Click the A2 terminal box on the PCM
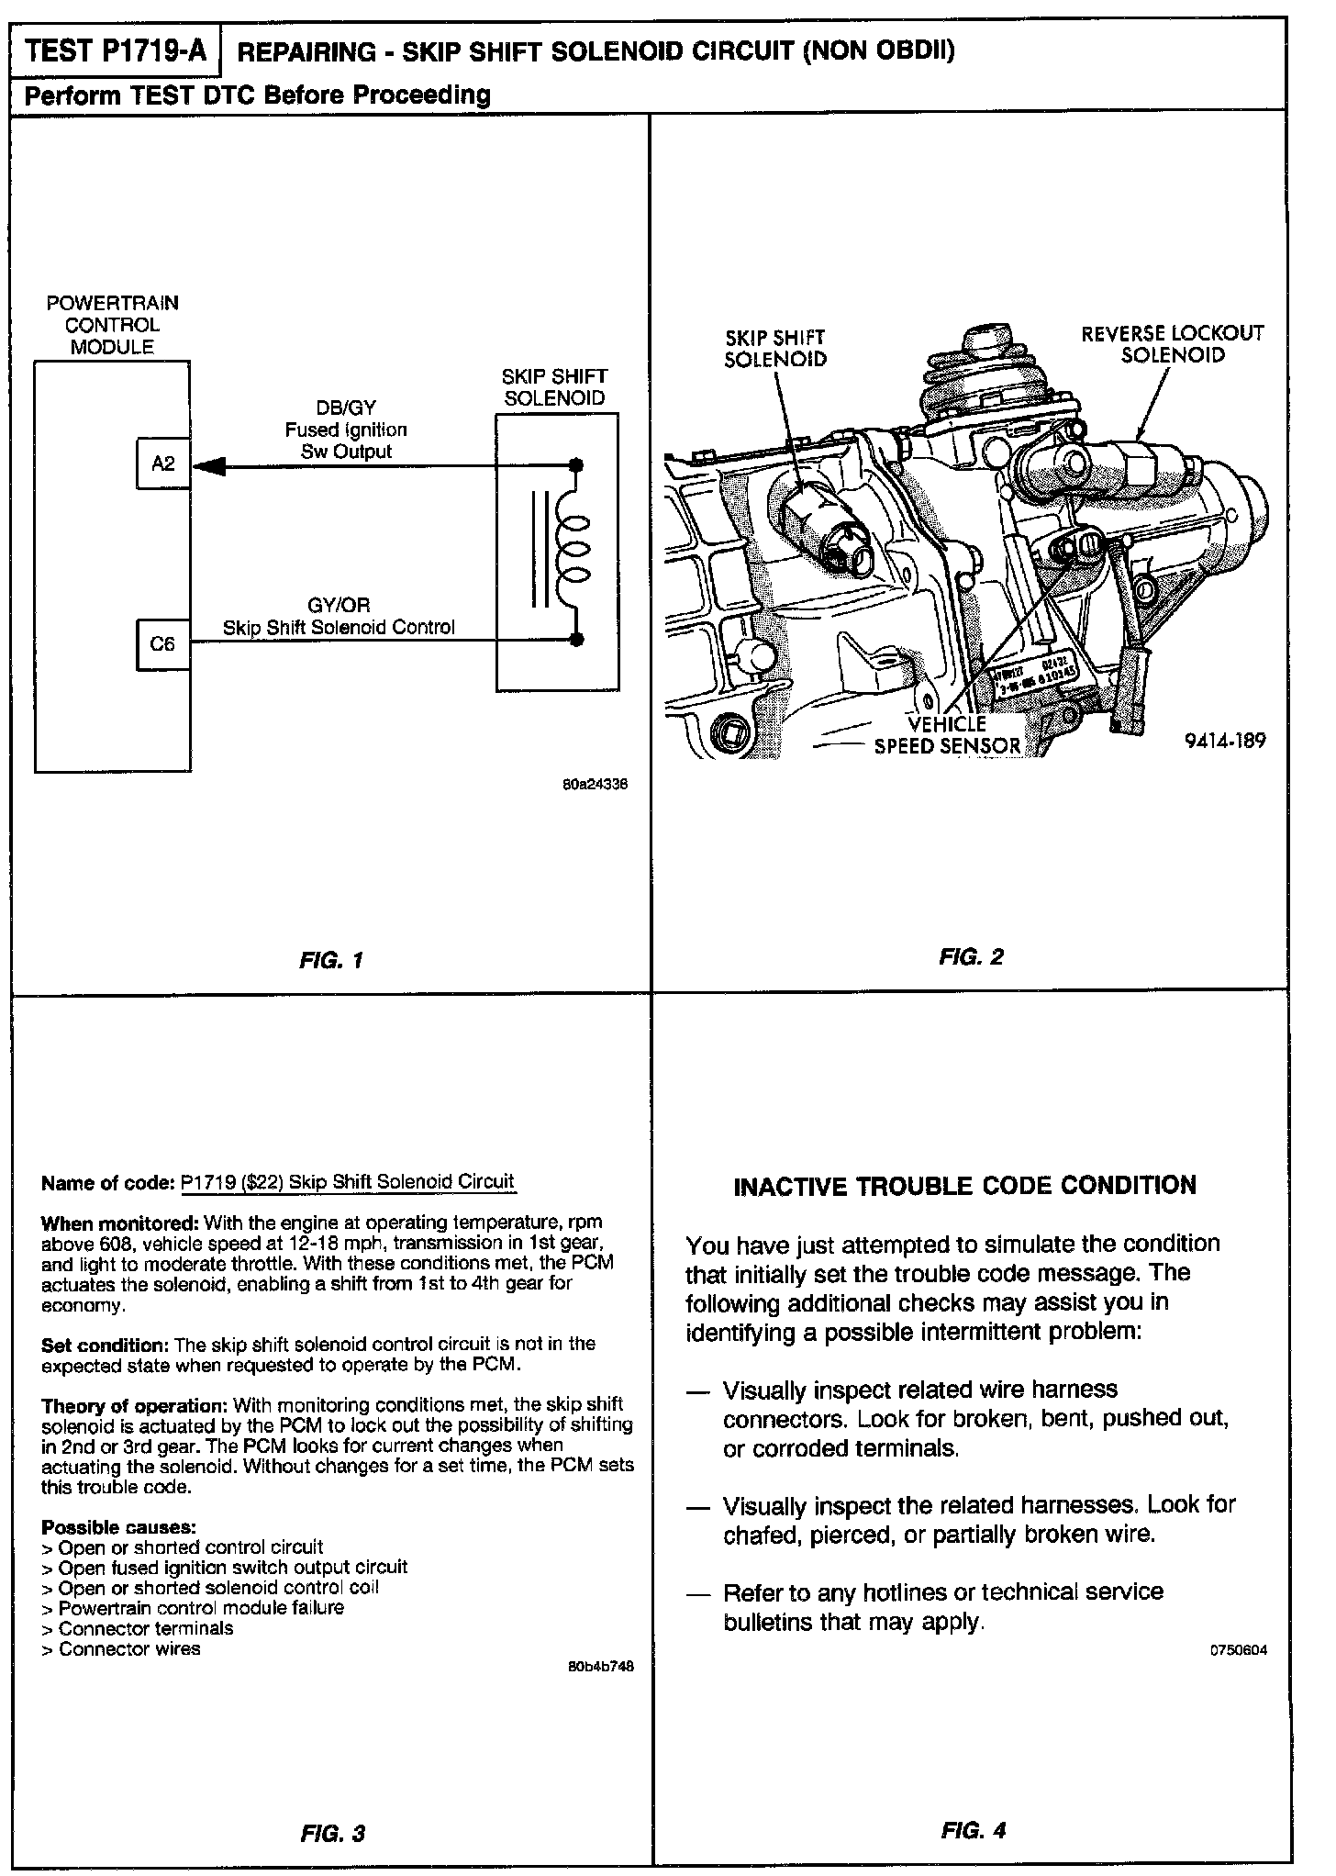point(162,464)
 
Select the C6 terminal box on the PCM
point(162,644)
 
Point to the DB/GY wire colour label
point(345,408)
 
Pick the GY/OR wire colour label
point(340,606)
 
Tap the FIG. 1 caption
point(331,961)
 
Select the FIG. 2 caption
point(971,957)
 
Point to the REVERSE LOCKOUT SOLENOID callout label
point(1172,344)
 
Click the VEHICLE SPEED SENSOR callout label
point(947,735)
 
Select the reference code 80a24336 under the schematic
point(596,785)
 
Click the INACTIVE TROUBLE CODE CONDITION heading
point(964,1186)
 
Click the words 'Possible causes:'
point(118,1528)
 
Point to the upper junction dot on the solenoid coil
point(576,465)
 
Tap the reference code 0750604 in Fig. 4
point(1239,1649)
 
